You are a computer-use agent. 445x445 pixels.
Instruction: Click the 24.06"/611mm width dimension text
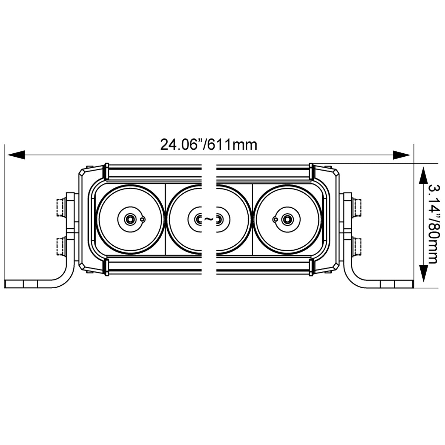[208, 145]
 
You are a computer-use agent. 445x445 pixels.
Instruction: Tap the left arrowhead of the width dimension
[16, 155]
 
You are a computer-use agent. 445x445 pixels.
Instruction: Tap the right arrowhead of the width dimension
[402, 155]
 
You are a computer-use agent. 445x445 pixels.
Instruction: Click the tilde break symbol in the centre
[209, 219]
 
